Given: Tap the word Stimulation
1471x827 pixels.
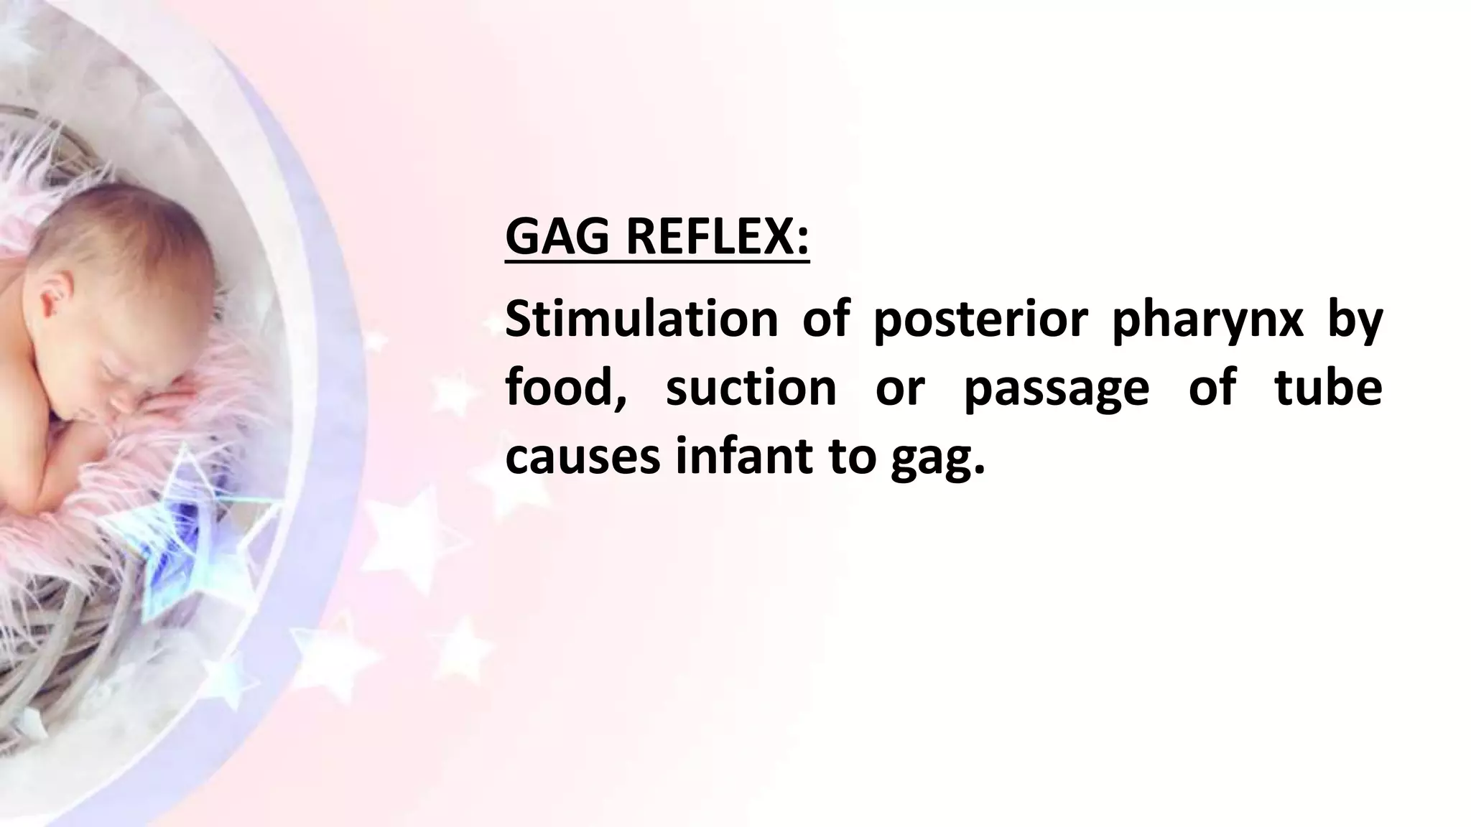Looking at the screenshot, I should point(641,320).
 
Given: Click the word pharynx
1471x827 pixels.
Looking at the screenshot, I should point(1207,320).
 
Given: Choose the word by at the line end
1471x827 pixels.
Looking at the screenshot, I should point(1355,320).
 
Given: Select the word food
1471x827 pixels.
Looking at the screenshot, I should point(564,388).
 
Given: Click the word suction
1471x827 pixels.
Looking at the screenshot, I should point(751,388).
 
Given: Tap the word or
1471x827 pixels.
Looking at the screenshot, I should point(899,388).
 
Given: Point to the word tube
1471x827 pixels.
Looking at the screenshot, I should point(1328,388).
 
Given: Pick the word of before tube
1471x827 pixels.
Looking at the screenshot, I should point(1212,388).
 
